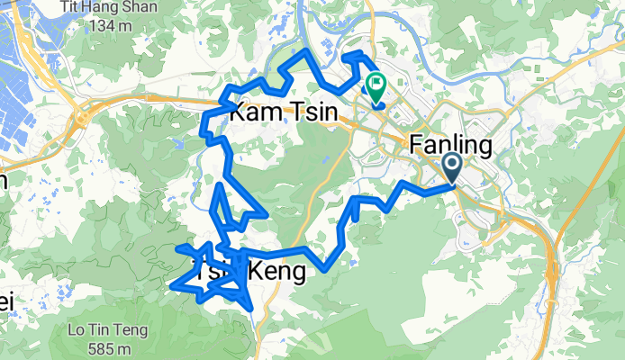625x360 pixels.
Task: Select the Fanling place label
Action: [x=449, y=144]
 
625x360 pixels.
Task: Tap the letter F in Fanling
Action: [x=417, y=144]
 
